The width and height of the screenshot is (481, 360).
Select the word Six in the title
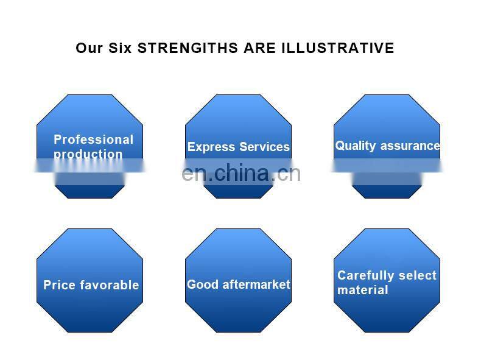121,48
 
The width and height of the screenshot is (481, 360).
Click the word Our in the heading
90,48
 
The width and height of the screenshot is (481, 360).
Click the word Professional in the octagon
93,139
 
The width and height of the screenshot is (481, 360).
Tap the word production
88,154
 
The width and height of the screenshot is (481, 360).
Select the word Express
211,147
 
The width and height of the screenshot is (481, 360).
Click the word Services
264,147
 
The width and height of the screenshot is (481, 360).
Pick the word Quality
355,146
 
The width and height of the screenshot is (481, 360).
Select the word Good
202,284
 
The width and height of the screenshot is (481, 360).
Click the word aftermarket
255,284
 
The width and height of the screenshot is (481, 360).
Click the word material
362,291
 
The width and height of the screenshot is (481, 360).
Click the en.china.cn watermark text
241,174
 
